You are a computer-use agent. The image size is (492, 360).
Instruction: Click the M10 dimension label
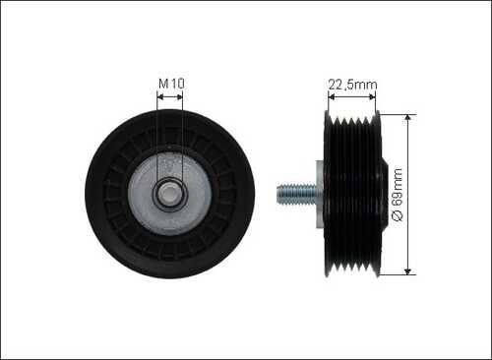[x=171, y=84]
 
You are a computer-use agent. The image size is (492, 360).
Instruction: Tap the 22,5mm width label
[x=352, y=85]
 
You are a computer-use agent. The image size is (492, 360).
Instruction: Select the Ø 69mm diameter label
[x=397, y=195]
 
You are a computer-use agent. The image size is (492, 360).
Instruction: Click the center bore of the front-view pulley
[x=169, y=195]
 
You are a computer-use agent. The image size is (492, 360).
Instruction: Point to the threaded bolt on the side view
[x=296, y=195]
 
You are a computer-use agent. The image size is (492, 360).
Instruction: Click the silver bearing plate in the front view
[x=169, y=195]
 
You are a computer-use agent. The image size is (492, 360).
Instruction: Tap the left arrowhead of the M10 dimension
[x=160, y=97]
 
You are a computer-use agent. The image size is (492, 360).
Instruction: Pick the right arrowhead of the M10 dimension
[x=179, y=97]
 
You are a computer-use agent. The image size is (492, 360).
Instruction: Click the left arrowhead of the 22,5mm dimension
[x=332, y=96]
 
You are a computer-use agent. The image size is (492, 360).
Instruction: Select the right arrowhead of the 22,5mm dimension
[x=372, y=96]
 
